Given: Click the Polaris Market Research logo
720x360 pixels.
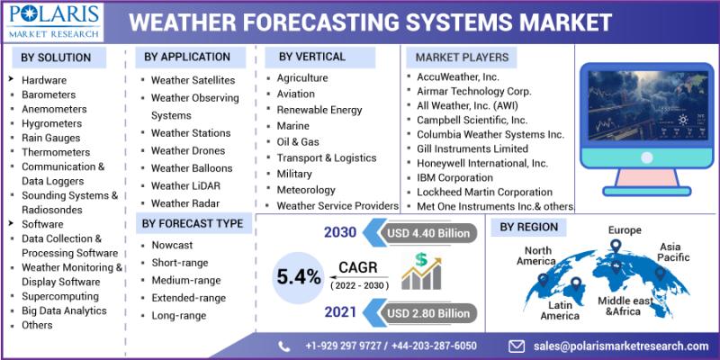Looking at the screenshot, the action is click(x=53, y=22).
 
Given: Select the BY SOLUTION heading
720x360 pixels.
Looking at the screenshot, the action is click(x=56, y=58).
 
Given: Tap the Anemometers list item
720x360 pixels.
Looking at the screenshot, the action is click(x=54, y=109).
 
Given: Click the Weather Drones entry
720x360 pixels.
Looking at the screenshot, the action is click(x=188, y=150).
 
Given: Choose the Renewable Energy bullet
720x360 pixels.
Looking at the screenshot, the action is click(x=319, y=110).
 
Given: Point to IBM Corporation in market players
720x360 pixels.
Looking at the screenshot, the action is click(x=454, y=177).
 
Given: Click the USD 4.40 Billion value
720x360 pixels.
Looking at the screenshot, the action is click(x=428, y=233).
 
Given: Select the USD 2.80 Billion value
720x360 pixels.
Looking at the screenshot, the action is click(x=428, y=313).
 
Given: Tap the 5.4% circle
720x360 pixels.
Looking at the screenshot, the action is click(x=298, y=277).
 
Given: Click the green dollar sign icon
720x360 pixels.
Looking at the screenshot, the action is click(x=421, y=260).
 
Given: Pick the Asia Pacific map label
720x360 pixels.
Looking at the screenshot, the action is click(x=673, y=252).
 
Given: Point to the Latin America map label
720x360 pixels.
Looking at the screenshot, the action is click(x=560, y=310).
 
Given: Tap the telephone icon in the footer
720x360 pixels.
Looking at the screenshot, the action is click(x=283, y=346).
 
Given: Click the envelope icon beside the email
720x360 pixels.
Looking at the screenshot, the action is click(x=517, y=346).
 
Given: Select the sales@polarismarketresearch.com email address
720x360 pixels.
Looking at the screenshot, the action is click(x=621, y=346).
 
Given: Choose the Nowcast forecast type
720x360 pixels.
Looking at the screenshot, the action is click(x=172, y=245).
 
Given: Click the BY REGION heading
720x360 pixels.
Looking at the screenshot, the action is click(x=529, y=227).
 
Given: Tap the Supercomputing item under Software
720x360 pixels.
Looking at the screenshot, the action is click(x=60, y=296).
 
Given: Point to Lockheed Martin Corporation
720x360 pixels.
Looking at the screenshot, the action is click(x=484, y=192).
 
